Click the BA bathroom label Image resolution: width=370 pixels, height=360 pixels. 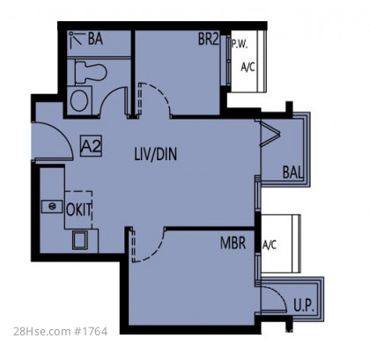click(x=95, y=40)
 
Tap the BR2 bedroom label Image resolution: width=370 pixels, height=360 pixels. click(x=208, y=39)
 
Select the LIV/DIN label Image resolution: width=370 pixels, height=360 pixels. click(x=156, y=154)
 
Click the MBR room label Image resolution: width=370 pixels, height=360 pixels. click(x=233, y=243)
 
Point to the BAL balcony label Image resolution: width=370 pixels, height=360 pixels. click(x=292, y=173)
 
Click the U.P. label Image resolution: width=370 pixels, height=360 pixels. click(x=304, y=305)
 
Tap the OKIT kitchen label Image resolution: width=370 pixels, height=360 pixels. click(x=79, y=209)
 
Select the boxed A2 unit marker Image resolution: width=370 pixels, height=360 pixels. click(x=91, y=145)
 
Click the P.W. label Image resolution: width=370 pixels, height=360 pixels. click(x=240, y=44)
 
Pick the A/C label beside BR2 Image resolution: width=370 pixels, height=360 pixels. click(x=248, y=67)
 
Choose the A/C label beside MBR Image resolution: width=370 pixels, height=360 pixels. click(x=270, y=244)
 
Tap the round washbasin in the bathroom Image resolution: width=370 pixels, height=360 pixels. click(x=79, y=100)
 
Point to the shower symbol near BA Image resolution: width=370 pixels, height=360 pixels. click(x=76, y=40)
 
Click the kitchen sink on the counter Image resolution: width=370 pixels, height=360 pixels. click(x=52, y=206)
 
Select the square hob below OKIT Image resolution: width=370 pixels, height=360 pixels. click(x=80, y=240)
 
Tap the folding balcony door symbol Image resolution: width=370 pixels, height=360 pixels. click(x=269, y=133)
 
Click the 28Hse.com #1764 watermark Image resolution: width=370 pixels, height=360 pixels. click(x=60, y=331)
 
